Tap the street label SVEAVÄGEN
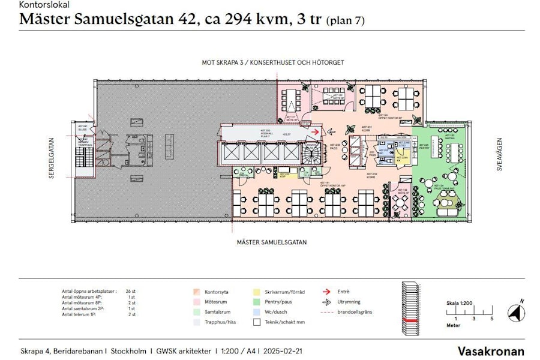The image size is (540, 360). [499, 157]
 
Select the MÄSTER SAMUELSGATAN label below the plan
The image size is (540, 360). [272, 242]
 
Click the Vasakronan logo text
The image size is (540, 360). [491, 351]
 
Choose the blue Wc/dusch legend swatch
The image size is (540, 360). [256, 312]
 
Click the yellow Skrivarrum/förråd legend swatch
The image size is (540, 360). [256, 292]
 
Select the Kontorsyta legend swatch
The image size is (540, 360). [196, 292]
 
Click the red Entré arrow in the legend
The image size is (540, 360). [326, 292]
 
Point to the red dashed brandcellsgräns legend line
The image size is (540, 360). [326, 312]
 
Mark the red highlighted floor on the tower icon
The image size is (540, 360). [412, 321]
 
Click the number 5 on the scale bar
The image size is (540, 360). [491, 319]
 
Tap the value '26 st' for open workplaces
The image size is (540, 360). [131, 291]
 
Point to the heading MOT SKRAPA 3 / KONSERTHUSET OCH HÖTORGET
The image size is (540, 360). [272, 62]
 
